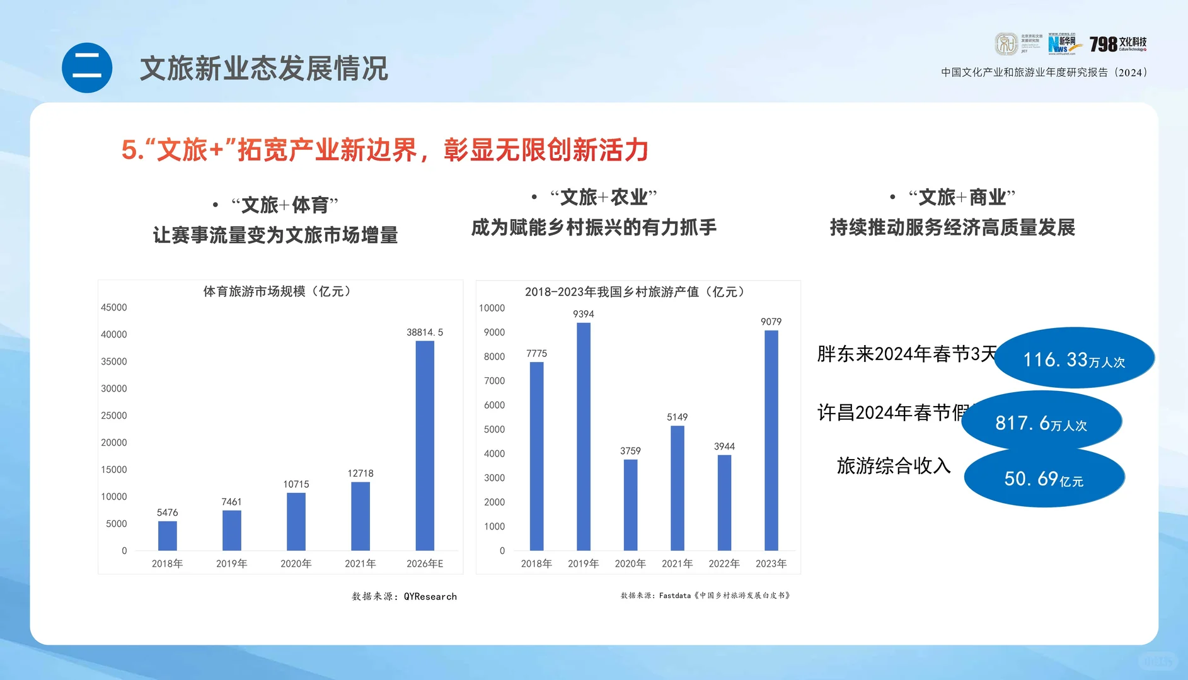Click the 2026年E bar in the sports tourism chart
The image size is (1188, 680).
(x=425, y=446)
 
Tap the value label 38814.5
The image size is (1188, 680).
(x=425, y=332)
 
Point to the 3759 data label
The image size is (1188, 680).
(x=630, y=451)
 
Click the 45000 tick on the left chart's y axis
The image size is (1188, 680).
(x=114, y=307)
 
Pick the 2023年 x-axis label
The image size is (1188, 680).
(x=771, y=564)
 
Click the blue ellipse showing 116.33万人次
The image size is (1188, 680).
(x=1074, y=358)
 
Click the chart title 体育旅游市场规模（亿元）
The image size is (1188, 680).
(x=277, y=292)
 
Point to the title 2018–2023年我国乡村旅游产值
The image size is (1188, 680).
(x=635, y=292)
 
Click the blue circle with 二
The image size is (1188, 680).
(x=87, y=68)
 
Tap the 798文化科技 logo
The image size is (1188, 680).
(x=1118, y=44)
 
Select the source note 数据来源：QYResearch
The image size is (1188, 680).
(x=404, y=596)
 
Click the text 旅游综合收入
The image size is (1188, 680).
(x=894, y=466)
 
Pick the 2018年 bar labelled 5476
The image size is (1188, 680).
(x=167, y=536)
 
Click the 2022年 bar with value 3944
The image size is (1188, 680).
(x=724, y=502)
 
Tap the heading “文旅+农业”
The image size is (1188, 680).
(x=603, y=198)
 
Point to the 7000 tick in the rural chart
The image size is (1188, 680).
(x=495, y=381)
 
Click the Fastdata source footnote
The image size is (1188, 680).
(x=705, y=595)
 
